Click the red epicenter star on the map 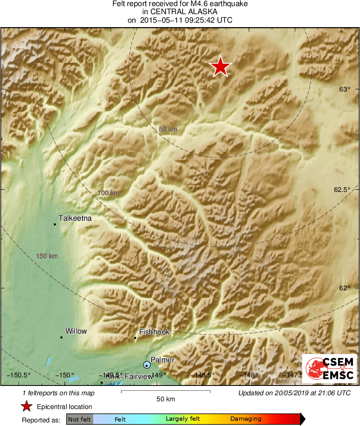tap(221, 66)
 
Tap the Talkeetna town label tap(75, 218)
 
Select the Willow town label tap(76, 331)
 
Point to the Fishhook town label tap(154, 332)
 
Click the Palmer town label tap(162, 360)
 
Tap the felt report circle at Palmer tap(147, 365)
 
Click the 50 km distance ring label tap(168, 129)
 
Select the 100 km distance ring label tap(108, 193)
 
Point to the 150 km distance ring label tap(47, 256)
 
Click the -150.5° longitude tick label tap(21, 375)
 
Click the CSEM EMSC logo tap(329, 368)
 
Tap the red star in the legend tap(27, 407)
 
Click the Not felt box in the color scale tap(79, 419)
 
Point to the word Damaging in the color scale tap(246, 419)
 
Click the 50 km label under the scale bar tap(165, 399)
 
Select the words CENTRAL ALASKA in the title tap(180, 12)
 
